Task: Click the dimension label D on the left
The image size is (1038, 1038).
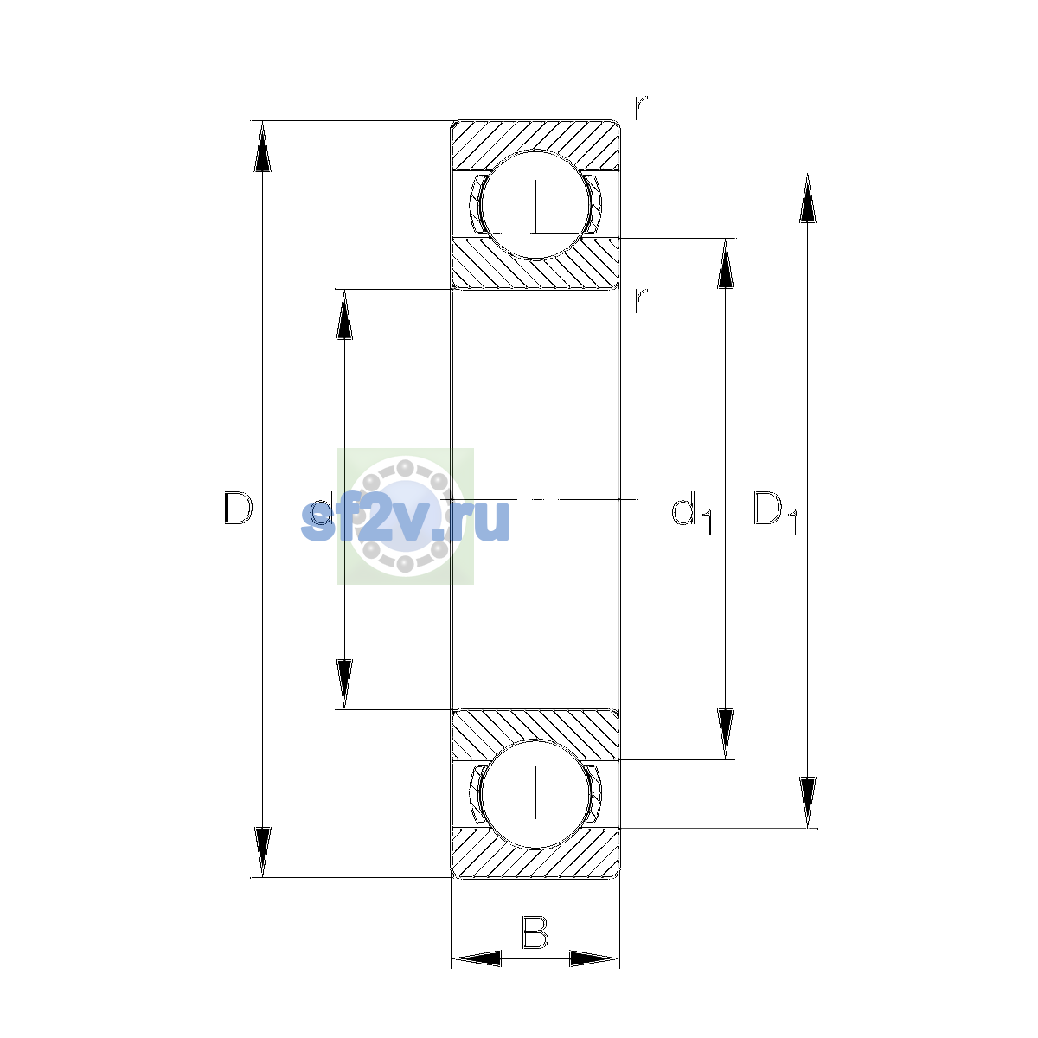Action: click(238, 508)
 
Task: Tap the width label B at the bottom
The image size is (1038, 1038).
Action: click(535, 932)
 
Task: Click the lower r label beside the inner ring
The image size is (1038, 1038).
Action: click(641, 300)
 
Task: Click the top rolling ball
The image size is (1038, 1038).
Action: click(535, 205)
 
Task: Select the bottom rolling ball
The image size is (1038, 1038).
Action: click(535, 794)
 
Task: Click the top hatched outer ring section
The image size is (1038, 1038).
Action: click(535, 144)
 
